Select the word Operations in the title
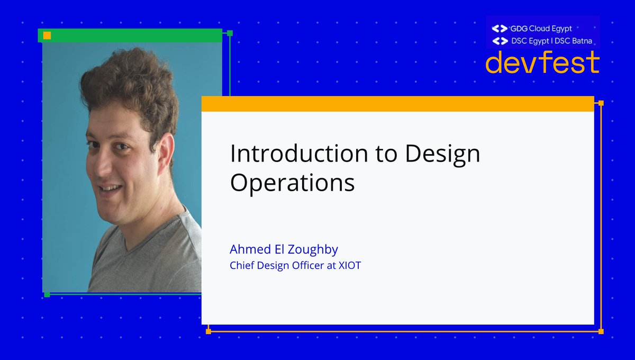pos(292,183)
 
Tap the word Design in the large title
pos(442,154)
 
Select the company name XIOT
pos(350,266)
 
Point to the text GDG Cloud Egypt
pos(541,29)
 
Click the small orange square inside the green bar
pos(47,35)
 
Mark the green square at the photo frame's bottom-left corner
pos(47,294)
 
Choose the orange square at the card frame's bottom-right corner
pos(601,331)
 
